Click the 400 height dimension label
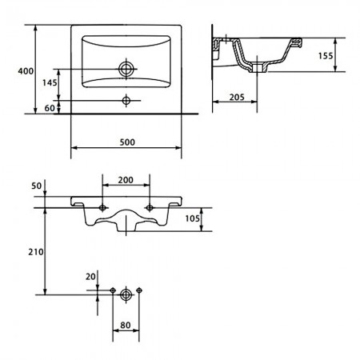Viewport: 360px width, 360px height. click(x=26, y=71)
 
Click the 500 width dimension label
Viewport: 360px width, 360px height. click(x=127, y=142)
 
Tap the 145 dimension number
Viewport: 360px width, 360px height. click(x=50, y=83)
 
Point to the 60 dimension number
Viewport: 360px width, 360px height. click(x=50, y=108)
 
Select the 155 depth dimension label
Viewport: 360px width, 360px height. click(x=326, y=56)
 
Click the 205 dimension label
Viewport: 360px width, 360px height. click(x=237, y=98)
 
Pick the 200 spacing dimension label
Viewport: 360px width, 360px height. click(x=126, y=180)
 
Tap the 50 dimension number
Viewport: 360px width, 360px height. click(x=37, y=186)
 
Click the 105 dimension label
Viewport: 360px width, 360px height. click(x=192, y=218)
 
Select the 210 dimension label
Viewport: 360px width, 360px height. click(x=36, y=252)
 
